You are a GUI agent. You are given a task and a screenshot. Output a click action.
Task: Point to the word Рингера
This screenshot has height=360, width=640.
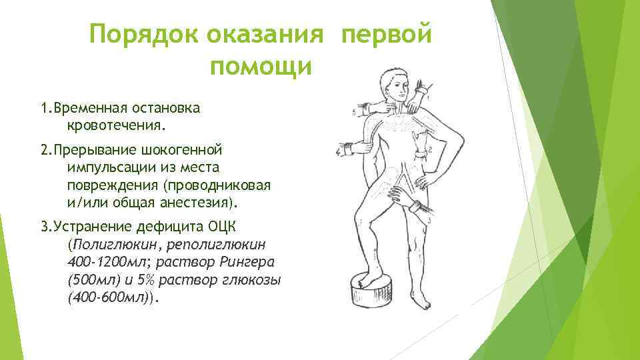(x=252, y=260)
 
